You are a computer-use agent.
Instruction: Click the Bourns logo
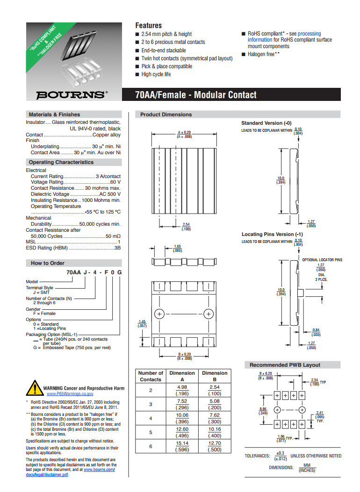71,94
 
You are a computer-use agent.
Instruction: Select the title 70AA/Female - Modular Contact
196,95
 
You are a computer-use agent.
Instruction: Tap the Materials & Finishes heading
54,114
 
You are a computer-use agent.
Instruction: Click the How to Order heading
48,263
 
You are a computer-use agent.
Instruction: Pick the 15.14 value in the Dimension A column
182,443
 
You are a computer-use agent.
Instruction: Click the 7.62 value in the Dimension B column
215,415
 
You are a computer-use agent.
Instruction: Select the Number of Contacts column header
151,376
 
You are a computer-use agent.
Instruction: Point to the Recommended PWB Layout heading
285,365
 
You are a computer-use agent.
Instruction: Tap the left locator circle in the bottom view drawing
159,314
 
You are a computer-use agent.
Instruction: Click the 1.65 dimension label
178,247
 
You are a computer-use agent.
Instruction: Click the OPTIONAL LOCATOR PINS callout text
322,260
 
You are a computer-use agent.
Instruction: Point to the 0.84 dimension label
316,330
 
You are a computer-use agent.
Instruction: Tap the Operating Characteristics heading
61,162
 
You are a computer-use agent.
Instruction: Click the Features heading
148,25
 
